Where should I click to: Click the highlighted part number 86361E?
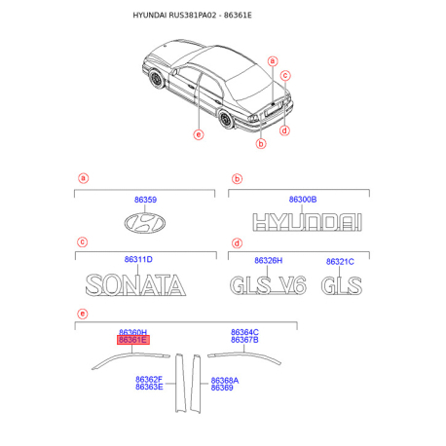(x=132, y=340)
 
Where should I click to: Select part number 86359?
(x=144, y=199)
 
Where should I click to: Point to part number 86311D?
(x=137, y=259)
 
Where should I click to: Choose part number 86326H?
(x=268, y=260)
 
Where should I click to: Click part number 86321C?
(x=340, y=261)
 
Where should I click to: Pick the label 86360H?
(x=132, y=331)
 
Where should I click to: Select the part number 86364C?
(x=244, y=331)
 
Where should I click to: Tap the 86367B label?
(x=244, y=340)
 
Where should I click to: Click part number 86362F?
(x=149, y=379)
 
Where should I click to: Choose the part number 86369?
(x=222, y=388)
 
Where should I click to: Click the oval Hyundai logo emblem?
(x=144, y=223)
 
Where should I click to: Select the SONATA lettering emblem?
(x=135, y=285)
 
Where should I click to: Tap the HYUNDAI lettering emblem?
(x=302, y=222)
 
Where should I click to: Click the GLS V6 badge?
(x=268, y=285)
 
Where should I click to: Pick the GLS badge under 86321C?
(x=342, y=285)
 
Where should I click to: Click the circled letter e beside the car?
(x=198, y=134)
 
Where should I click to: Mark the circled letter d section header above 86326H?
(x=237, y=242)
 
